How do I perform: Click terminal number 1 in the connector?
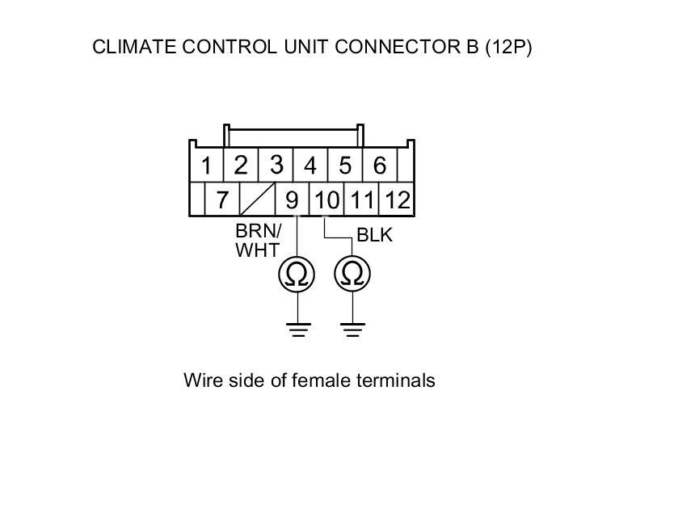coord(206,166)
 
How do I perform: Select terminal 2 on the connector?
coord(240,166)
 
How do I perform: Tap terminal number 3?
coord(276,165)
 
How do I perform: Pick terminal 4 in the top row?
coord(310,166)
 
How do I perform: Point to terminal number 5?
coord(345,166)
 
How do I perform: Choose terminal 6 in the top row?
coord(379,166)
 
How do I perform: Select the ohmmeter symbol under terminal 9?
coord(298,275)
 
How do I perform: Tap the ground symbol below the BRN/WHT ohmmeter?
coord(298,329)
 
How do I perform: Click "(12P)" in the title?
coord(508,47)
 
